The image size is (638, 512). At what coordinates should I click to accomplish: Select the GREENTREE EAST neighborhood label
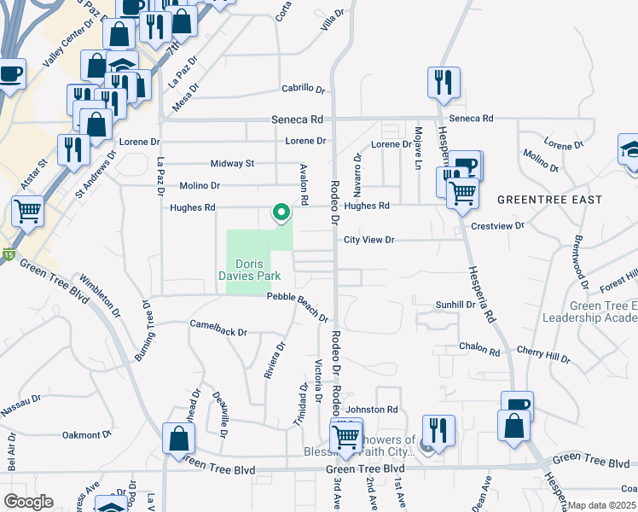pyautogui.click(x=549, y=200)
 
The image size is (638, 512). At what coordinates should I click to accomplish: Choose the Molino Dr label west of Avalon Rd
pyautogui.click(x=200, y=185)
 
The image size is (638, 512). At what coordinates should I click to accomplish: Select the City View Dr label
pyautogui.click(x=368, y=241)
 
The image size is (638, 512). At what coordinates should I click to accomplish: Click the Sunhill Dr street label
pyautogui.click(x=455, y=304)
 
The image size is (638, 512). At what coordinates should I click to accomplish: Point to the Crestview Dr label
pyautogui.click(x=497, y=226)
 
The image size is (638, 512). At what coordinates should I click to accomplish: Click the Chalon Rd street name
pyautogui.click(x=479, y=350)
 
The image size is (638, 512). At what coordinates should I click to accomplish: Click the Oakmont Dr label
pyautogui.click(x=83, y=434)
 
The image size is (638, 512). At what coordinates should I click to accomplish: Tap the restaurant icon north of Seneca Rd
pyautogui.click(x=444, y=82)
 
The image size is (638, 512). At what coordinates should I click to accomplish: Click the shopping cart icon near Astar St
pyautogui.click(x=28, y=210)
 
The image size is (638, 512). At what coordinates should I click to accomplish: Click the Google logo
pyautogui.click(x=27, y=502)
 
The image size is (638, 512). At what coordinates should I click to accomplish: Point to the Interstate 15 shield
pyautogui.click(x=8, y=253)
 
